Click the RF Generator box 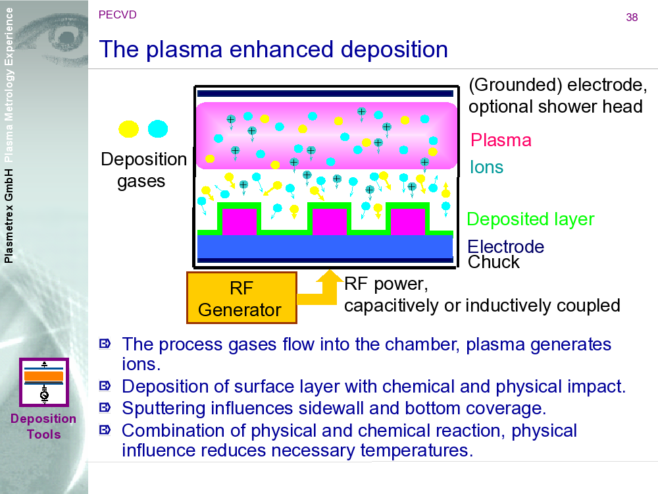(x=241, y=298)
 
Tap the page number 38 (x=632, y=18)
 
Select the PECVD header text (x=117, y=14)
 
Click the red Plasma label (x=501, y=140)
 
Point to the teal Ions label (x=486, y=167)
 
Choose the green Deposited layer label (x=530, y=219)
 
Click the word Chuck (x=493, y=262)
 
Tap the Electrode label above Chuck (x=505, y=247)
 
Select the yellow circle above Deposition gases (x=128, y=129)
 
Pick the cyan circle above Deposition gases (x=158, y=129)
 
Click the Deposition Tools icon (x=44, y=382)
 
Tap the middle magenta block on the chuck (x=329, y=221)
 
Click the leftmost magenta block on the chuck (x=239, y=221)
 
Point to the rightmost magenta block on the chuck (x=407, y=221)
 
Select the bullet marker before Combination (x=105, y=430)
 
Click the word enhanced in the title (x=284, y=49)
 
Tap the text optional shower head (x=555, y=107)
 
